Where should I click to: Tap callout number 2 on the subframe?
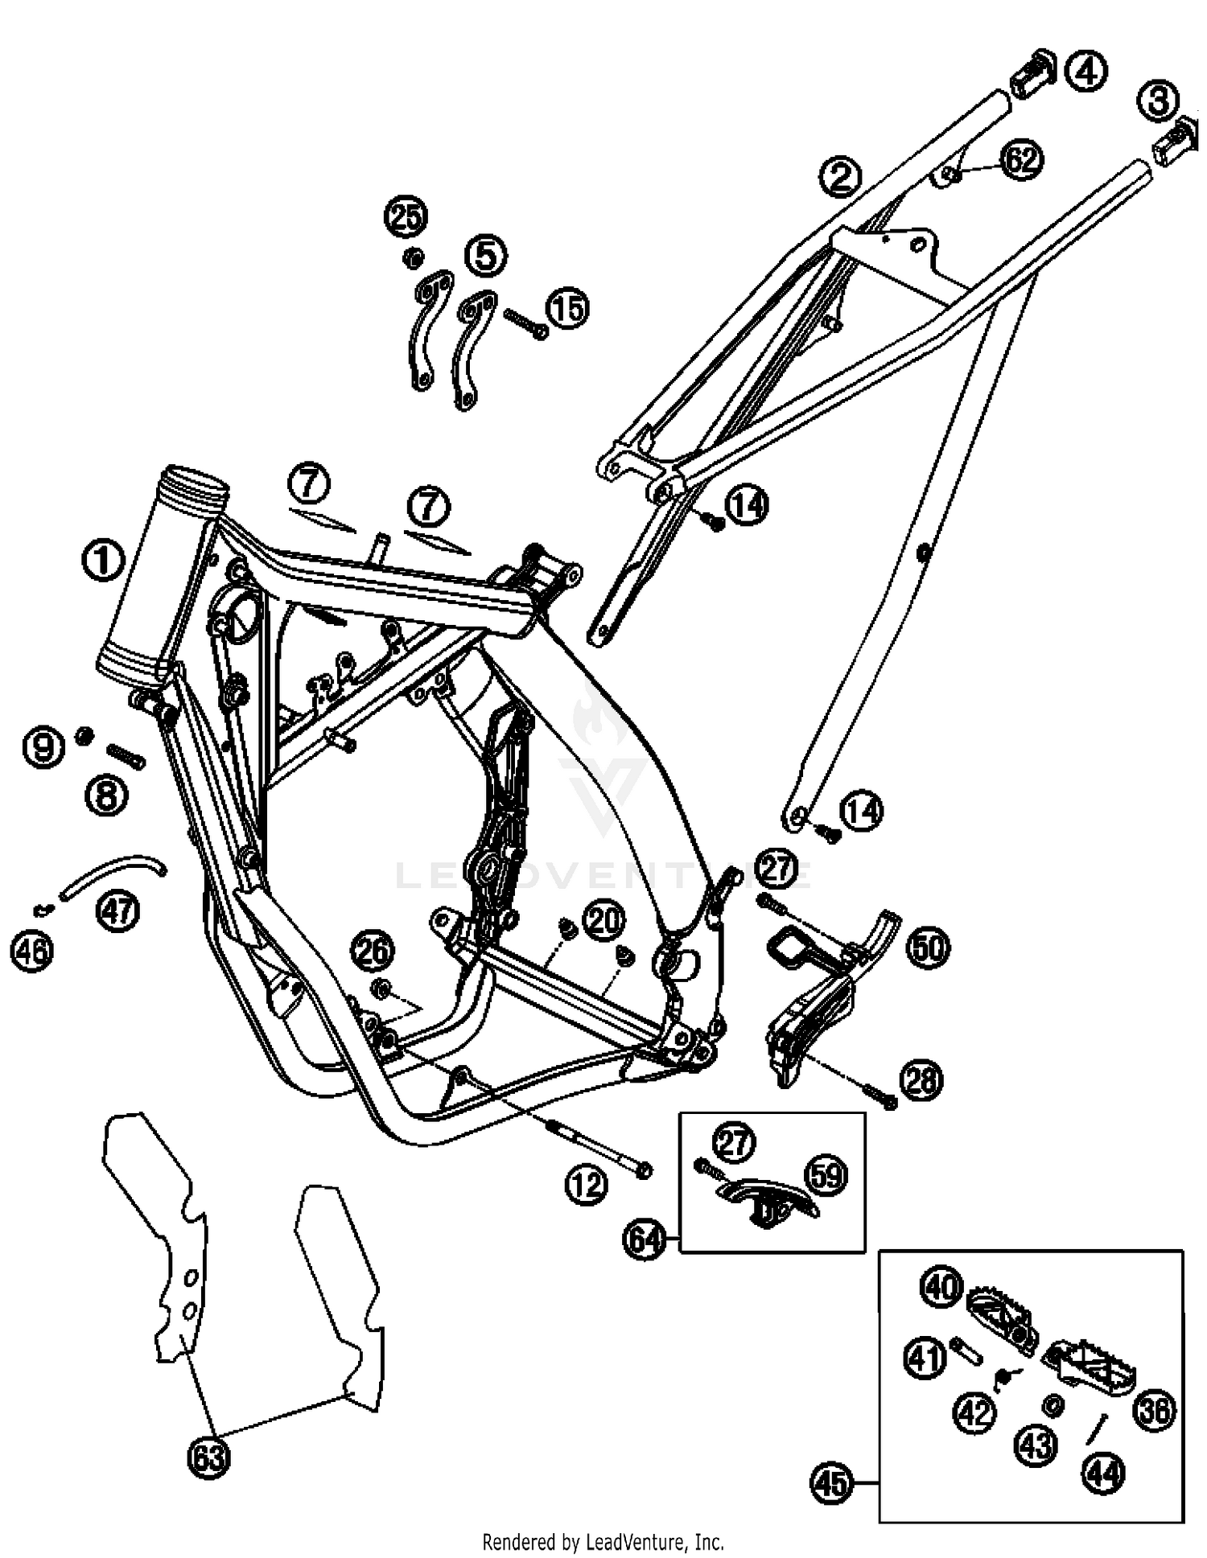tap(840, 176)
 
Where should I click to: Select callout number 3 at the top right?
tap(1158, 101)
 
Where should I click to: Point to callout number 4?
tap(1085, 72)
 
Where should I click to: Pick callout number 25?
tap(406, 216)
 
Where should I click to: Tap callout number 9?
tap(43, 747)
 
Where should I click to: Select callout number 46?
tap(31, 952)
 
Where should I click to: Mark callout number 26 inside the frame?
tap(373, 952)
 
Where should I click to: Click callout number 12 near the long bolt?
tap(585, 1185)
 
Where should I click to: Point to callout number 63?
tap(208, 1457)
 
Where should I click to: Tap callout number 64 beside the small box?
tap(645, 1239)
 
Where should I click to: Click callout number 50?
tap(928, 948)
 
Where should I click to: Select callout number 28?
tap(921, 1079)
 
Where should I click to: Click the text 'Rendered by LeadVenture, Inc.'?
tap(603, 1542)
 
